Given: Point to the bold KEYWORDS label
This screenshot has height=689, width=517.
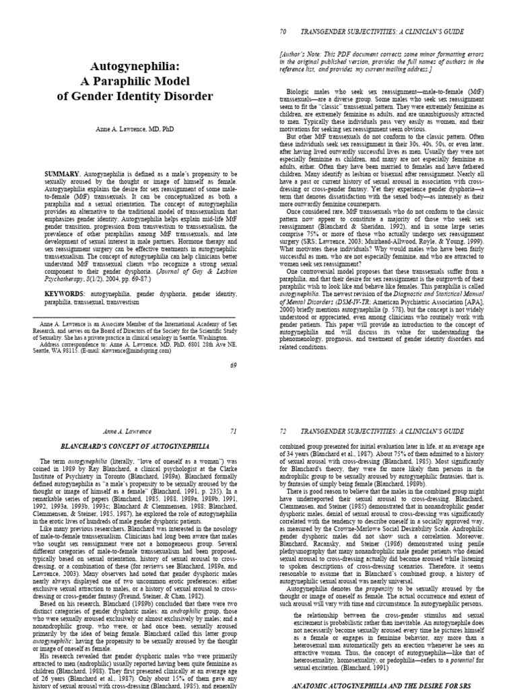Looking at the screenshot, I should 68,294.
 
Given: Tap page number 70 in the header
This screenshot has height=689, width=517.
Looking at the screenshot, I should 282,31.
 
